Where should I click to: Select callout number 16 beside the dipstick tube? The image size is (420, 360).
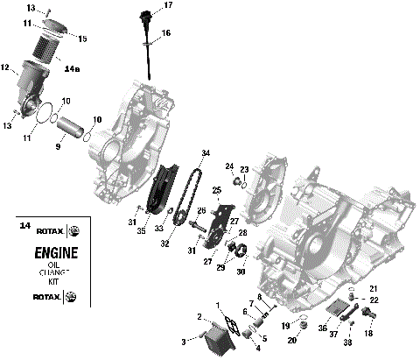tap(166, 32)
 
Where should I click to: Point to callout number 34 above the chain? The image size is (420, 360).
tap(206, 153)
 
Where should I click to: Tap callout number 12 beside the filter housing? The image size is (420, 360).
tap(5, 67)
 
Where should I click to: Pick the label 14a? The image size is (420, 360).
tap(72, 67)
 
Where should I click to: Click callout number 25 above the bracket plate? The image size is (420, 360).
tap(216, 190)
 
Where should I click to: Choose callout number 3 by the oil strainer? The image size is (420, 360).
tap(183, 341)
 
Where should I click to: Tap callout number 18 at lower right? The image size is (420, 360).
tap(367, 334)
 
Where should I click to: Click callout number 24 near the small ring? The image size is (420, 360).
tap(228, 166)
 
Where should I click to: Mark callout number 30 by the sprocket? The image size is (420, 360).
tap(241, 272)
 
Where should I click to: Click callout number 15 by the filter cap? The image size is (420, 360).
tap(83, 38)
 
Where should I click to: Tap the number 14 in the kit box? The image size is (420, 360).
tap(24, 227)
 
